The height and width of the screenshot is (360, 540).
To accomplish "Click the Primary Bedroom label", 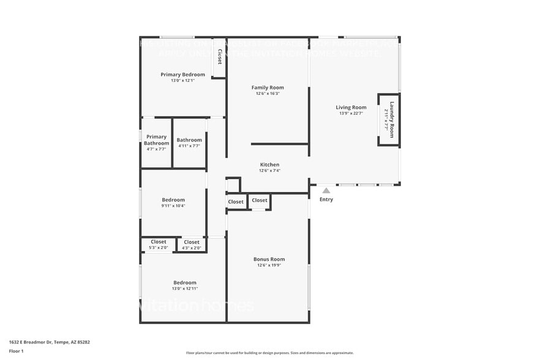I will coord(182,75).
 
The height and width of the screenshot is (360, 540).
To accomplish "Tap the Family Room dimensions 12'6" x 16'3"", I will coord(268,94).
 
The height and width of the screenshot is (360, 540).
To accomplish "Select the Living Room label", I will coord(351,107).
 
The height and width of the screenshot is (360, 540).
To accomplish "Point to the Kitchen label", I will coord(269,165).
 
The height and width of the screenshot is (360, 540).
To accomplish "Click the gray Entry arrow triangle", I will coord(326,190).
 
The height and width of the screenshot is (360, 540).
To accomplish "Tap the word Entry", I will coord(326,200).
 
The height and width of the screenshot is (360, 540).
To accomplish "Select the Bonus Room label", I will coord(269,259).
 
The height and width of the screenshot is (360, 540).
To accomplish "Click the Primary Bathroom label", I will coord(156,140).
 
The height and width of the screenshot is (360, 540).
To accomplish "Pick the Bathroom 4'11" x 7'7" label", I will coord(189,140).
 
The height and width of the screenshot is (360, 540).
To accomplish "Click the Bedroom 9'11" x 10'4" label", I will coord(173,200).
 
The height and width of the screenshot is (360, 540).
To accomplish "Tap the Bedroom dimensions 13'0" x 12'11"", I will coord(185,288).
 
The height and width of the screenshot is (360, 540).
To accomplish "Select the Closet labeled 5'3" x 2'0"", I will coord(159,242).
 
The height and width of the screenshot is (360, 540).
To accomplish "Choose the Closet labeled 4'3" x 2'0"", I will coord(192,242).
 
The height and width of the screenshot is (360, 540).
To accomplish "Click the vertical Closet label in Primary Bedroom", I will coord(219,58).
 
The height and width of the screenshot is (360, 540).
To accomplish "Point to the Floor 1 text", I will coord(17,351).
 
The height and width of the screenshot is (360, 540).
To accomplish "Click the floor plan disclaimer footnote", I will coord(269,353).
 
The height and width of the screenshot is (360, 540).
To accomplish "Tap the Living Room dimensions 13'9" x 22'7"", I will coord(351,113).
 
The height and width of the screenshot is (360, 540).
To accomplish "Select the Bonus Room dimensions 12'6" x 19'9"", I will coord(269,265).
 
